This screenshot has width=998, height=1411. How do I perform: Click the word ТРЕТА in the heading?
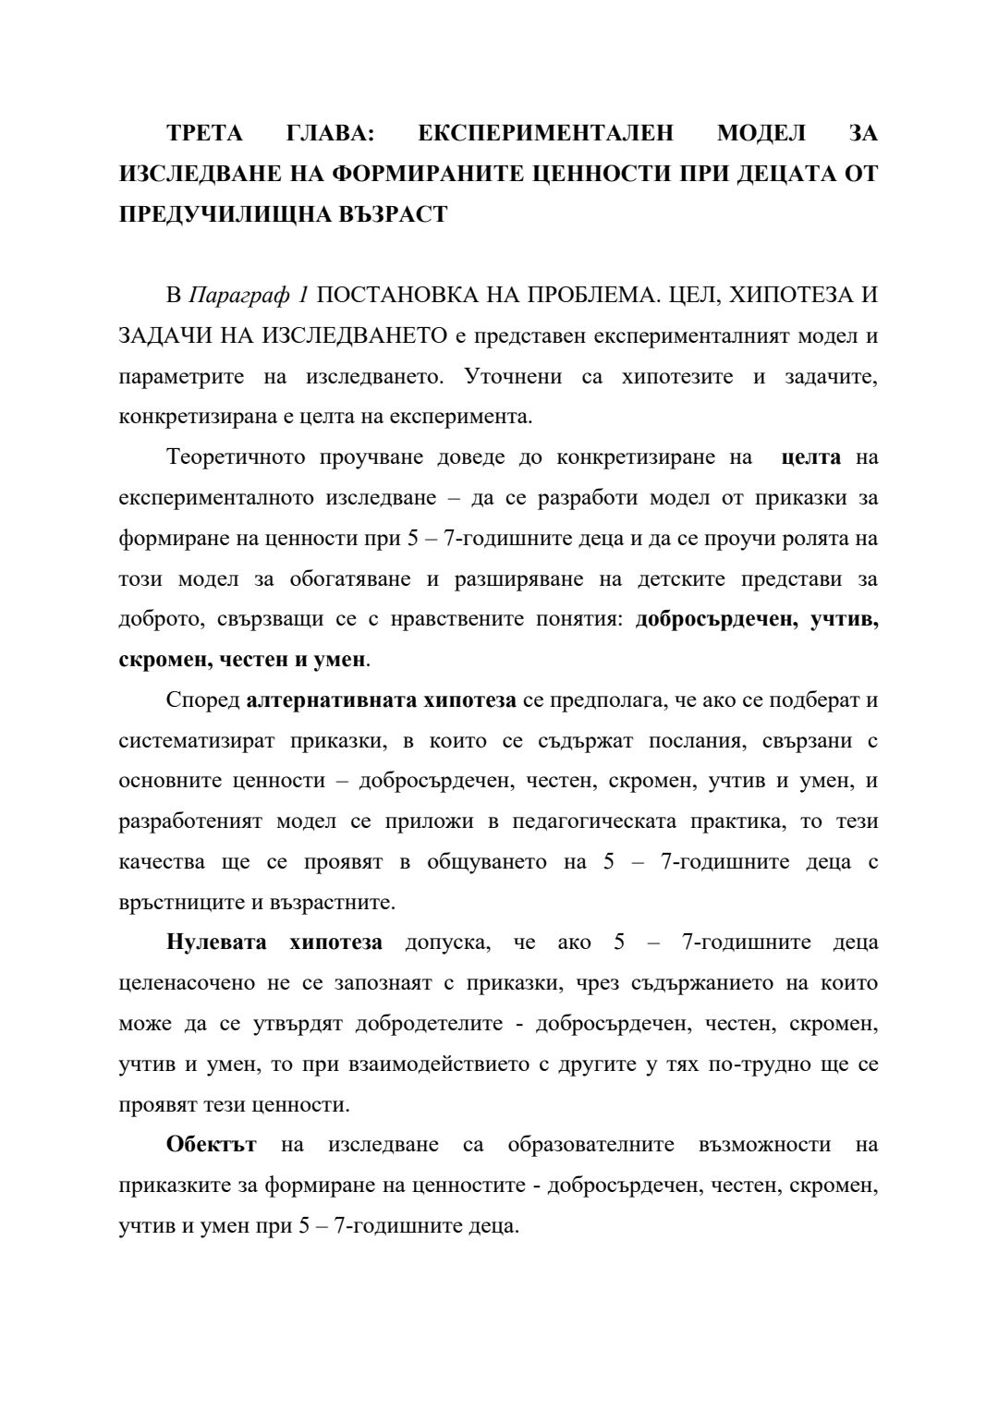pyautogui.click(x=204, y=133)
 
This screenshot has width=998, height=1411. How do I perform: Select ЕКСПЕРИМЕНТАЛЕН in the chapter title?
pyautogui.click(x=545, y=133)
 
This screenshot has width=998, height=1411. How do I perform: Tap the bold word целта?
pyautogui.click(x=810, y=457)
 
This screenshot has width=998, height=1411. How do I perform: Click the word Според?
pyautogui.click(x=203, y=700)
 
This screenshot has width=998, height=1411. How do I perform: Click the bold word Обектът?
pyautogui.click(x=211, y=1145)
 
